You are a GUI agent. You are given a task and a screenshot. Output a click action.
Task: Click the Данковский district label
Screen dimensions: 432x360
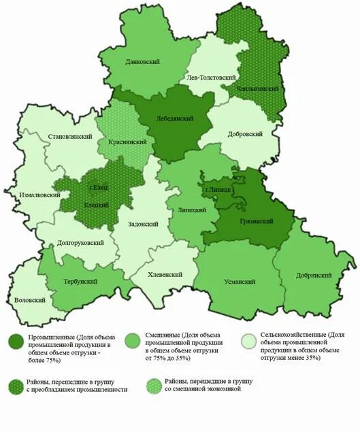tap(142, 62)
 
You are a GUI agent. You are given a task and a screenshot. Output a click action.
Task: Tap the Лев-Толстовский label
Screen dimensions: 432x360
tap(211, 78)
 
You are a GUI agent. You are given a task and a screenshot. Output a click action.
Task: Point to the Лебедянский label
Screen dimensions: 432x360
tap(176, 118)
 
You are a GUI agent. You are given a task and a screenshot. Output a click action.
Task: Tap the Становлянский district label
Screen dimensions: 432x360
tap(70, 137)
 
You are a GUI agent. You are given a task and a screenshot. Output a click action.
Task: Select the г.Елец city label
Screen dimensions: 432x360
tap(99, 187)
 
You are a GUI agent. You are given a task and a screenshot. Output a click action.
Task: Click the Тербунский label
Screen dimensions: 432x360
tap(80, 281)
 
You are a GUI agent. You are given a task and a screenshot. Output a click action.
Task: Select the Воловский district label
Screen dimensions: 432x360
tap(29, 300)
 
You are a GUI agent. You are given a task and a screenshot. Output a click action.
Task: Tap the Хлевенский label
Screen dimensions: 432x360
tap(165, 274)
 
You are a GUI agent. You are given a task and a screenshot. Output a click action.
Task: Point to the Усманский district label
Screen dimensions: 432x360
tap(239, 281)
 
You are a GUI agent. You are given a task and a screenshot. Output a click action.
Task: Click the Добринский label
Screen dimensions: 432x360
tap(314, 276)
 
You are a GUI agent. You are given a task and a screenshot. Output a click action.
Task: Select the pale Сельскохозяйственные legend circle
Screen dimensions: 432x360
tap(250, 339)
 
